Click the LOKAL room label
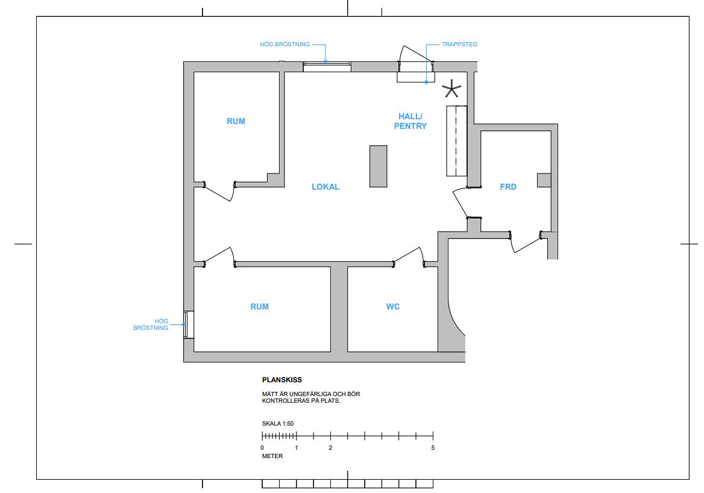pyautogui.click(x=325, y=187)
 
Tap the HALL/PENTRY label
pyautogui.click(x=410, y=121)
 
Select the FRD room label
pyautogui.click(x=508, y=187)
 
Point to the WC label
pyautogui.click(x=393, y=306)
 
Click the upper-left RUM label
pyautogui.click(x=236, y=121)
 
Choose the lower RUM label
pyautogui.click(x=260, y=306)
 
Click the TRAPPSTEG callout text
pyautogui.click(x=459, y=45)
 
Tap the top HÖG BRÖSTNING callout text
pyautogui.click(x=284, y=45)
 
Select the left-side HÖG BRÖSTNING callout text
pyautogui.click(x=151, y=324)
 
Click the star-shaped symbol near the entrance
pyautogui.click(x=451, y=89)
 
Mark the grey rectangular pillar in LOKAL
pyautogui.click(x=379, y=166)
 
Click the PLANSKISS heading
pyautogui.click(x=282, y=380)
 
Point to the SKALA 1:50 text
pyautogui.click(x=278, y=423)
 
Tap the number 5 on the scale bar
pyautogui.click(x=433, y=448)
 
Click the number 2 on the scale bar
pyautogui.click(x=330, y=448)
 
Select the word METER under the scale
pyautogui.click(x=272, y=456)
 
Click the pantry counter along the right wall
pyautogui.click(x=457, y=141)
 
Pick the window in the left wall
pyautogui.click(x=189, y=325)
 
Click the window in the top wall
pyautogui.click(x=327, y=67)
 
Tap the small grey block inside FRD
pyautogui.click(x=544, y=181)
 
